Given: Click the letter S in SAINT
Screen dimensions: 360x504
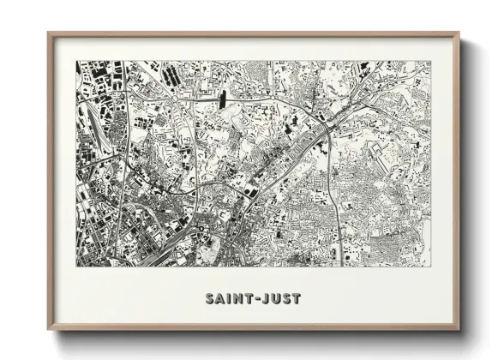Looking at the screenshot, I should [211, 299].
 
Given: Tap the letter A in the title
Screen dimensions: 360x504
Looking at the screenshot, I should [221, 299].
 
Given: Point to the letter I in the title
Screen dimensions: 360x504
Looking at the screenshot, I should [230, 299].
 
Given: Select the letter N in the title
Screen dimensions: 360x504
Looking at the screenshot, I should [238, 299].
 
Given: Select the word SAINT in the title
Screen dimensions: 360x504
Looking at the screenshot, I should [230, 299].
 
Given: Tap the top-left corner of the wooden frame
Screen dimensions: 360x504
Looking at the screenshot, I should [49, 33].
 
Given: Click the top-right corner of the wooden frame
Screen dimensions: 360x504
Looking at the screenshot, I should [459, 33].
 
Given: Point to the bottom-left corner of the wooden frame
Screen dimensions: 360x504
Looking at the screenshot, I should [49, 330].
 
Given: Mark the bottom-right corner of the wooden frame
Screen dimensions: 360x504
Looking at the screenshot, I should [459, 330].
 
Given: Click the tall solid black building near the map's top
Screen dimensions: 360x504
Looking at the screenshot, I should [225, 98].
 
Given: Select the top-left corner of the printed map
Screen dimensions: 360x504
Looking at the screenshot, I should [75, 61].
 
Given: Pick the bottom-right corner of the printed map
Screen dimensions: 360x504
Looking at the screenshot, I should [430, 266].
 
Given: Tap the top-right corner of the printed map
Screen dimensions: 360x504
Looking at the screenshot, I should [430, 61].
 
